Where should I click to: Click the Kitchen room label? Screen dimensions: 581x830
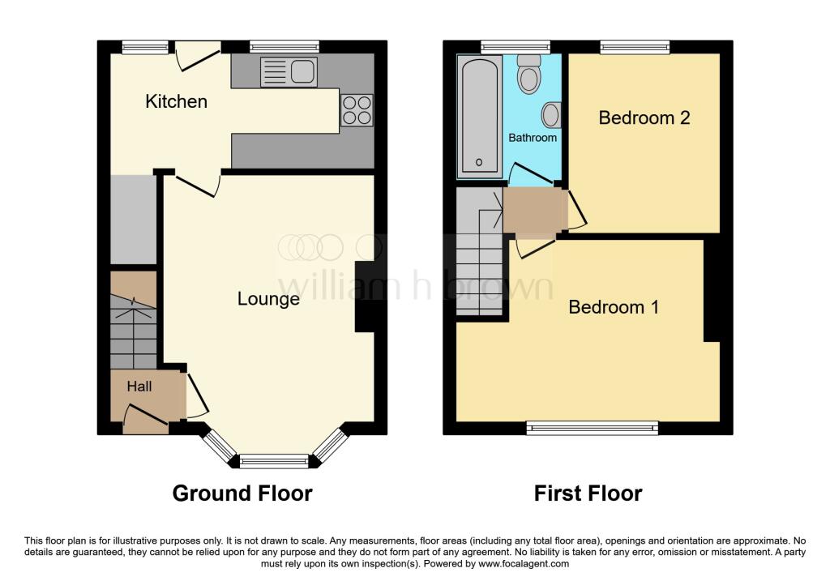(176, 101)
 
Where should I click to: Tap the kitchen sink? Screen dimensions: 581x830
(289, 71)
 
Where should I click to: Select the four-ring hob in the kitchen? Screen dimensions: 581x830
(357, 110)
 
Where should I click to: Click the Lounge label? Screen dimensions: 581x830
(268, 299)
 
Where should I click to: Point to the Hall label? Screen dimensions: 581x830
(139, 387)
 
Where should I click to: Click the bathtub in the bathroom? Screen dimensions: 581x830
(480, 117)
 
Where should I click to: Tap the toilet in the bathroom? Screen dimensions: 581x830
(530, 74)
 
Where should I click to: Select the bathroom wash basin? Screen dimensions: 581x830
(551, 115)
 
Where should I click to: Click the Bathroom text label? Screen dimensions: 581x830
(533, 138)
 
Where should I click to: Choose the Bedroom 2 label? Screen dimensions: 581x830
(644, 117)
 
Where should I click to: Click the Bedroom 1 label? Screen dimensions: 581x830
(614, 307)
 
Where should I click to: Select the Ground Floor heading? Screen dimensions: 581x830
(242, 493)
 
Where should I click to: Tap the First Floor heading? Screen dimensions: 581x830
(588, 493)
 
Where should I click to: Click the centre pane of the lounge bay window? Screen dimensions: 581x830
(276, 462)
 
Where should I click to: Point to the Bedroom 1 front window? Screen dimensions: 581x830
(592, 427)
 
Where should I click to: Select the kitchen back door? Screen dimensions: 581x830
(198, 53)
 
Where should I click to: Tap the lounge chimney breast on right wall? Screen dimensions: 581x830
(365, 297)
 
